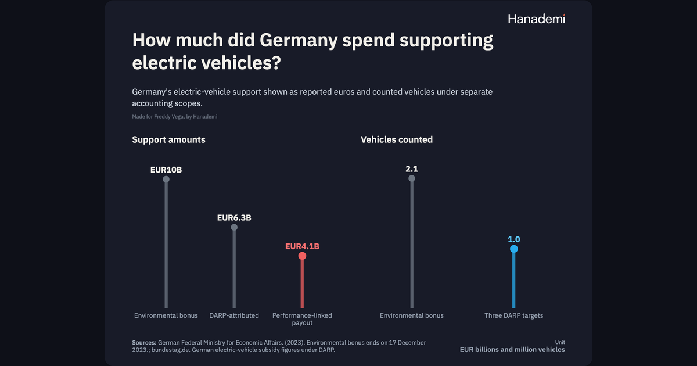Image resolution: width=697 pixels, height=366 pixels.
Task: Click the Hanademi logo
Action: (537, 19)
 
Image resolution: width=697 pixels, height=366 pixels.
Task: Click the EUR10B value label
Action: (166, 170)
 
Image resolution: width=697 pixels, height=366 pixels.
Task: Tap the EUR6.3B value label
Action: (234, 217)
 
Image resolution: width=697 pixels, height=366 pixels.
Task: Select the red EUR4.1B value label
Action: (302, 246)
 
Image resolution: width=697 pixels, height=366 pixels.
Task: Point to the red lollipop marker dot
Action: (302, 256)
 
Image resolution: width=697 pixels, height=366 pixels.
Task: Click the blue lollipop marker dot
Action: (513, 249)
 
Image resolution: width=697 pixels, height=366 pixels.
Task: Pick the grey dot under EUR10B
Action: (166, 180)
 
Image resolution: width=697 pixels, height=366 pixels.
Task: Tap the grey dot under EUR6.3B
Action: (234, 227)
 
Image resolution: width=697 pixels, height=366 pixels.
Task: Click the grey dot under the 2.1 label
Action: (412, 178)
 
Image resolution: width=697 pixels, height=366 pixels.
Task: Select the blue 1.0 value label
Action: (513, 239)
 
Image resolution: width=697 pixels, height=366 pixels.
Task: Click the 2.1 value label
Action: (412, 168)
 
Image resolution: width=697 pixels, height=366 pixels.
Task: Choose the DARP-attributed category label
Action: (234, 315)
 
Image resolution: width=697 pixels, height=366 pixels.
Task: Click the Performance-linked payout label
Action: (302, 319)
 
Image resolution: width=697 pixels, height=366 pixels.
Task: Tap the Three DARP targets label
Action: (513, 315)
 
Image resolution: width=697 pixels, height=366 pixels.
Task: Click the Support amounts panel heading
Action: (168, 139)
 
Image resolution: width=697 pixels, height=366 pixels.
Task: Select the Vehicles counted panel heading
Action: (397, 139)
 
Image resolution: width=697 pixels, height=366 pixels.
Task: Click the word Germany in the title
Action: (299, 40)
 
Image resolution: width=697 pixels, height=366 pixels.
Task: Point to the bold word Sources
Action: (144, 342)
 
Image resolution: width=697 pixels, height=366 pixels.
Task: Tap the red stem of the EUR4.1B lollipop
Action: (302, 284)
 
